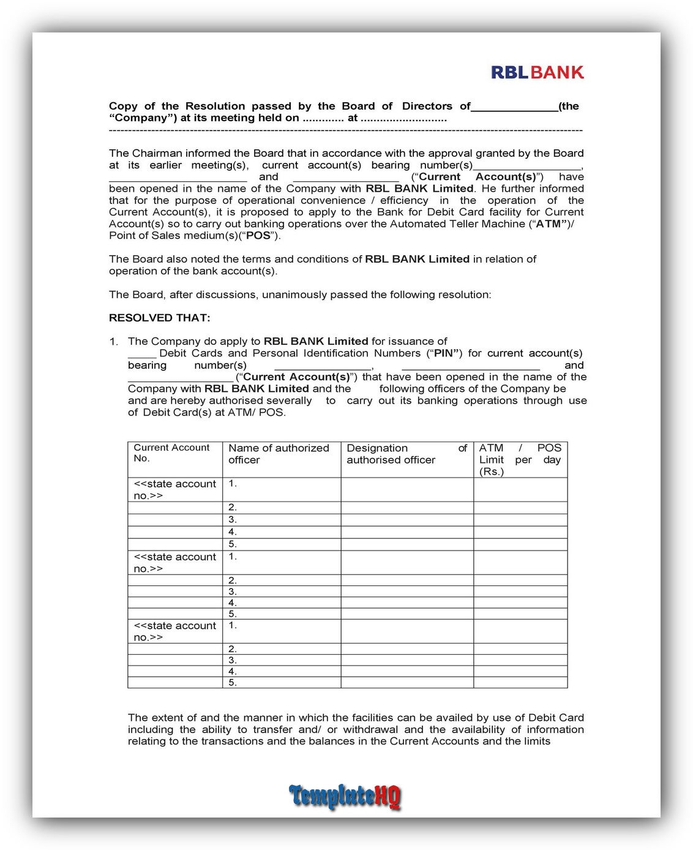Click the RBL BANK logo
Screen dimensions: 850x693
(537, 72)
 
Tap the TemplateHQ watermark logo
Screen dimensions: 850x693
(345, 796)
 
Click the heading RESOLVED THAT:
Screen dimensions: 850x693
(159, 318)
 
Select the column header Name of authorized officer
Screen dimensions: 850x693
(279, 454)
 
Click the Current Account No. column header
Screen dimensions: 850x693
(171, 453)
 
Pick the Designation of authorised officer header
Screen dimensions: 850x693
(406, 454)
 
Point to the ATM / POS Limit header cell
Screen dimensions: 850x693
(520, 459)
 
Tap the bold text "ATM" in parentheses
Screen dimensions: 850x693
(549, 224)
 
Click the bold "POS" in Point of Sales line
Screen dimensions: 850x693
(258, 236)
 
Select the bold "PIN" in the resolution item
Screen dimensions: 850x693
(444, 353)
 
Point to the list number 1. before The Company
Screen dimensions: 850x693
(114, 342)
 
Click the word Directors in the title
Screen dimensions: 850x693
(427, 106)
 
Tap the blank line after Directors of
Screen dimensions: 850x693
(514, 108)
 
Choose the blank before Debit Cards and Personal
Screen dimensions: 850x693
(142, 355)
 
